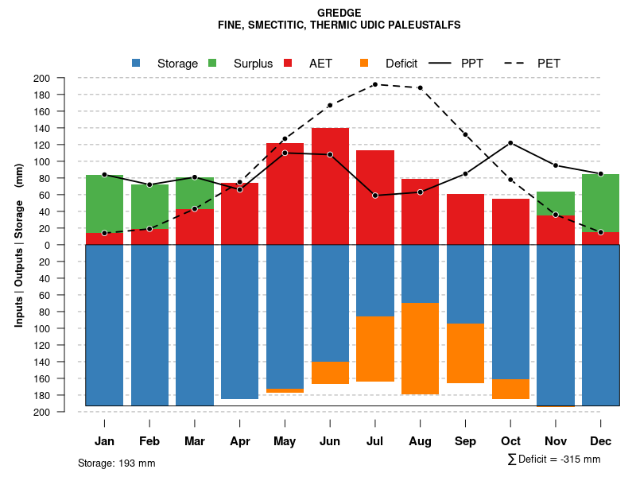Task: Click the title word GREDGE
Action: pos(339,13)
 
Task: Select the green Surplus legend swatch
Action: pos(212,64)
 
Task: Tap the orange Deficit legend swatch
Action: pos(364,64)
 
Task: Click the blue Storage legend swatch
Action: pos(136,64)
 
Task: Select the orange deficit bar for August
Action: pos(420,348)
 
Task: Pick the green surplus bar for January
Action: pos(104,204)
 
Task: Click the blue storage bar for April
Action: pos(239,322)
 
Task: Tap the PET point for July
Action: pos(374,84)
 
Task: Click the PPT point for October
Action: pos(510,143)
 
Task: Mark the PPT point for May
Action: pos(285,153)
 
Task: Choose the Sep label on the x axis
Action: pos(465,441)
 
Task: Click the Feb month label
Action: pos(149,441)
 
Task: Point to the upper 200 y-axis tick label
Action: pos(64,78)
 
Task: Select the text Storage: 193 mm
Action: pos(116,463)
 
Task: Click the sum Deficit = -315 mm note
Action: pos(553,460)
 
